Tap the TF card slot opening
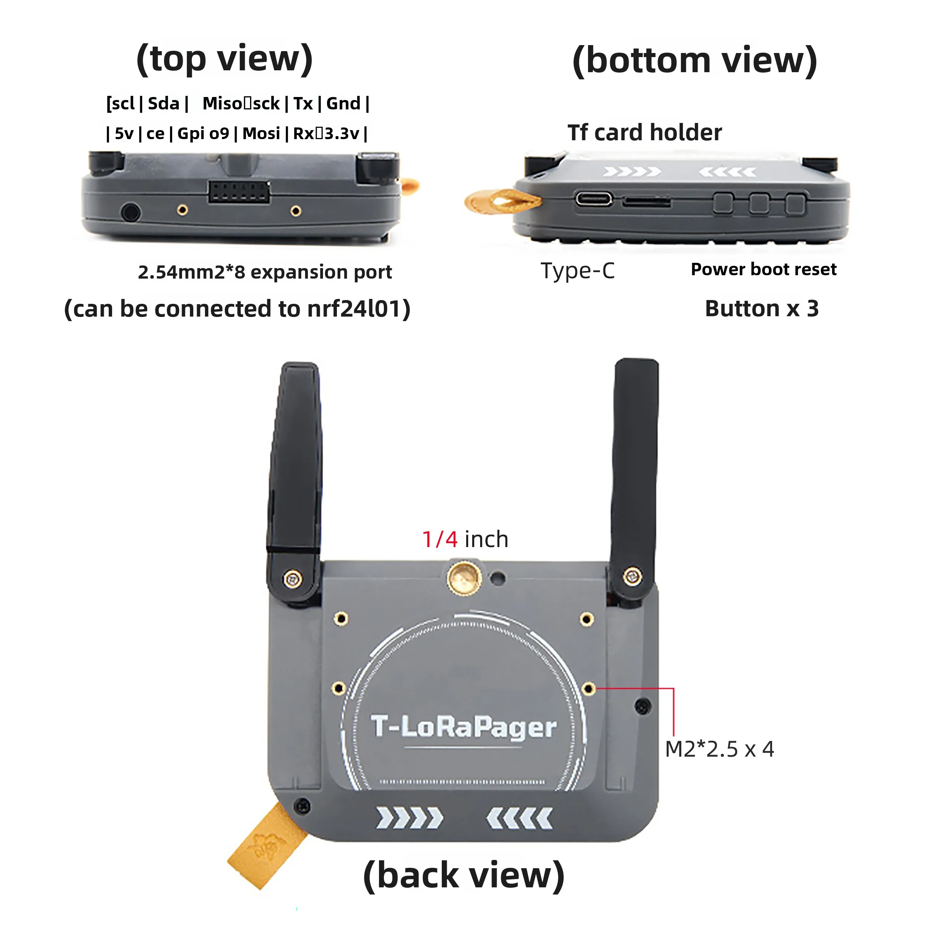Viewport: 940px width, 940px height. [x=646, y=202]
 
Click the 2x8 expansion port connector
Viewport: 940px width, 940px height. [x=239, y=192]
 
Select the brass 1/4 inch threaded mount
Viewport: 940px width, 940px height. [x=463, y=579]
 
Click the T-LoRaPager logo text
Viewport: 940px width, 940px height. [x=463, y=728]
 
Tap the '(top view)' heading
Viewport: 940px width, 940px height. [x=224, y=58]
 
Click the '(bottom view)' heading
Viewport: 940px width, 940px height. [x=694, y=61]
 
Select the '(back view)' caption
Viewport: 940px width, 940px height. [x=463, y=876]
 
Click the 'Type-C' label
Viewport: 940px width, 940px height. [x=578, y=270]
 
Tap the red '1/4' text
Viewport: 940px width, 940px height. [x=439, y=539]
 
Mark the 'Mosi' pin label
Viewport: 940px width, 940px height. [x=261, y=133]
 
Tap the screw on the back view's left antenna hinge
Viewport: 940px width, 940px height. [x=292, y=579]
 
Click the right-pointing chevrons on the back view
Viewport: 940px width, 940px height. [x=410, y=819]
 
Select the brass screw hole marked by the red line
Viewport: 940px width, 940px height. [x=588, y=688]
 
